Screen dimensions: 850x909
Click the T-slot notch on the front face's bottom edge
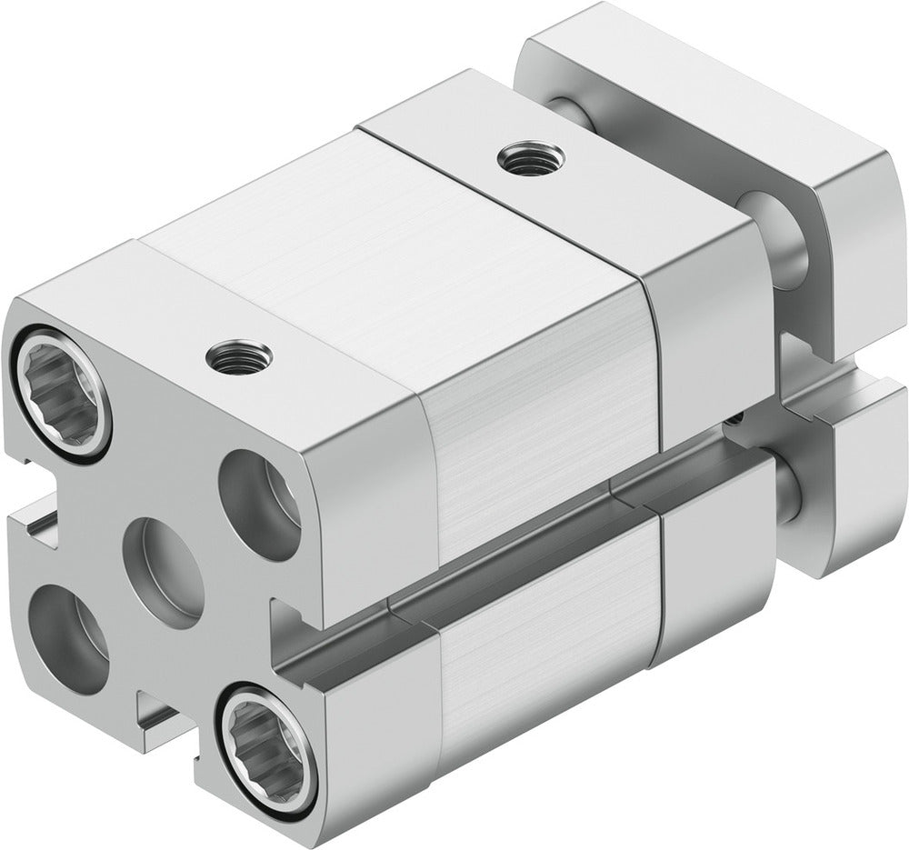click(164, 718)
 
